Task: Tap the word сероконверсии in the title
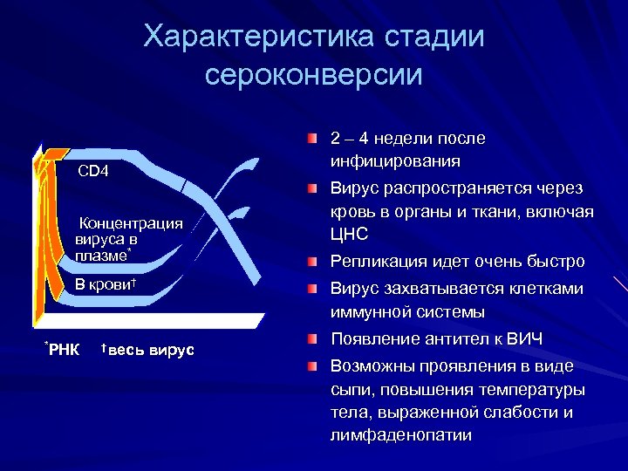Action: pos(314,74)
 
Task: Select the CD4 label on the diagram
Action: pos(93,171)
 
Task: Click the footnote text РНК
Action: pos(64,351)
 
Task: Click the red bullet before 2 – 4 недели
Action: pos(312,139)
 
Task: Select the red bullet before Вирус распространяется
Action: pos(312,189)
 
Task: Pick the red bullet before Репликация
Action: pos(312,262)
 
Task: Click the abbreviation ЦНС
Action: pos(349,235)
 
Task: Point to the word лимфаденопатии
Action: pos(400,435)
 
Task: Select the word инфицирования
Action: pos(395,161)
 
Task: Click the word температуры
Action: pos(530,389)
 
